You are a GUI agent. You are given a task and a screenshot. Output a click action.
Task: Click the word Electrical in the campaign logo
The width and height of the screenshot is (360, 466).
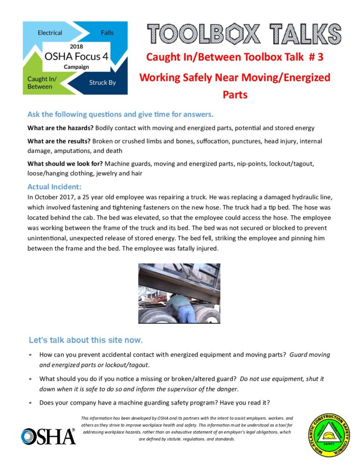pyautogui.click(x=50, y=33)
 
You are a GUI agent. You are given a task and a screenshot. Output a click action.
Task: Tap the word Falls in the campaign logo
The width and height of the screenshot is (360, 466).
pyautogui.click(x=107, y=33)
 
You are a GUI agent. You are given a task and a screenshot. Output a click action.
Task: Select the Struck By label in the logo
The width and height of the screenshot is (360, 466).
pyautogui.click(x=102, y=83)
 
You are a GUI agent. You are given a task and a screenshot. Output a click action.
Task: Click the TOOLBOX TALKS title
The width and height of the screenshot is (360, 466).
pyautogui.click(x=244, y=34)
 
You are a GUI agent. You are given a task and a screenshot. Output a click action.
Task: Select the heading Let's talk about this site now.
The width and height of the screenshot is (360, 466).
pyautogui.click(x=86, y=340)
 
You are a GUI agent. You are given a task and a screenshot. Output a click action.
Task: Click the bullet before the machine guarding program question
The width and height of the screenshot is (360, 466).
pyautogui.click(x=30, y=403)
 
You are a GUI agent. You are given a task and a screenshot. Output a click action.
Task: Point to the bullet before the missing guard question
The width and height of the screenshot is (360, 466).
pyautogui.click(x=30, y=379)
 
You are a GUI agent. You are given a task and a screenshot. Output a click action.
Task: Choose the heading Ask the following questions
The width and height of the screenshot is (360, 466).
pyautogui.click(x=120, y=114)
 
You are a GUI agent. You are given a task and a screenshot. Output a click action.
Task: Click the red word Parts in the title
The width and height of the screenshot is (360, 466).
pyautogui.click(x=235, y=95)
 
